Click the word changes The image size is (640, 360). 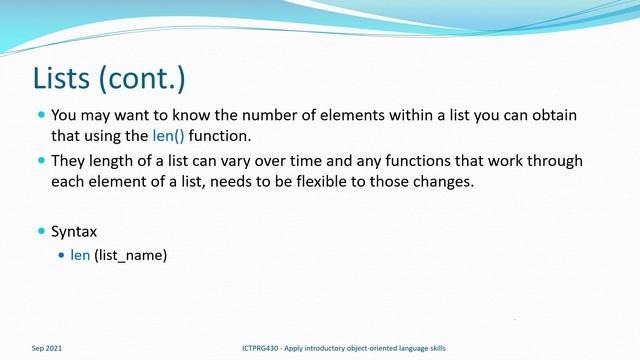point(468,181)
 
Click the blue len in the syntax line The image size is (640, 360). point(80,255)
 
